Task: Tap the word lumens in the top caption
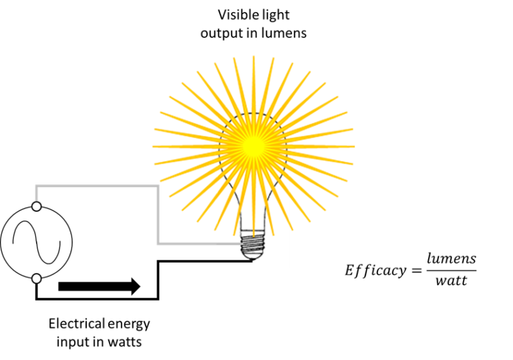point(286,32)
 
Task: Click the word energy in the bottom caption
point(129,325)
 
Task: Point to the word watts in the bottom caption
point(124,342)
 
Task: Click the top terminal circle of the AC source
point(37,206)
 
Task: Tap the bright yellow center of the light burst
point(253,144)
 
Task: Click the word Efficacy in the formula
point(375,271)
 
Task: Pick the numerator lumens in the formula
point(451,258)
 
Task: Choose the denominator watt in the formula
point(451,281)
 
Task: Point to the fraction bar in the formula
point(451,270)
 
